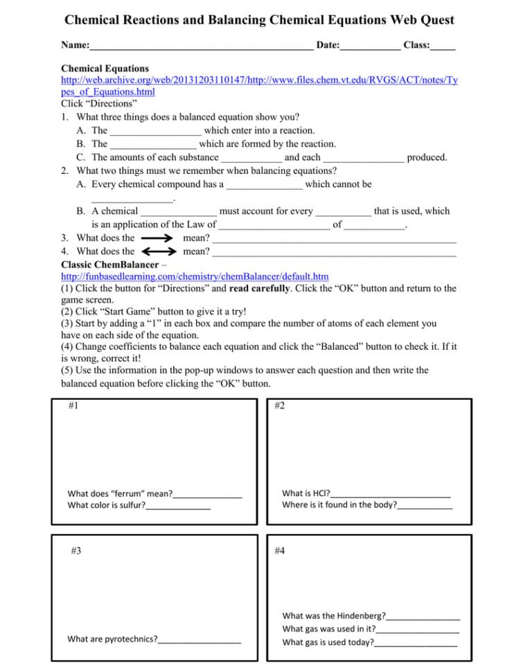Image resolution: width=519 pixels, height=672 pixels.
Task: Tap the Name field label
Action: tap(75, 45)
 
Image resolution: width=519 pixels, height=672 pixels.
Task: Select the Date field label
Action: tap(328, 45)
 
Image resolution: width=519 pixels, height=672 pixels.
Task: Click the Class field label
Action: tap(416, 45)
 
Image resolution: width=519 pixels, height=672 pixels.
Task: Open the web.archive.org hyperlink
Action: tap(259, 80)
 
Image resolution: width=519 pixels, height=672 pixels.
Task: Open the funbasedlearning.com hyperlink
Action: tap(195, 276)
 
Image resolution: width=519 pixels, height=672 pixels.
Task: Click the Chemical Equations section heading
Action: tap(105, 69)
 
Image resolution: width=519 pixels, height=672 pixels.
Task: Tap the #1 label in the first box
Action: tap(73, 406)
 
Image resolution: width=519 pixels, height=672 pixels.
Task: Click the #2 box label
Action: tap(280, 406)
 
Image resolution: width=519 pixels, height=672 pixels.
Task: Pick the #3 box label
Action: tap(76, 551)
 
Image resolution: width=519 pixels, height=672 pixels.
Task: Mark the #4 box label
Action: tap(280, 551)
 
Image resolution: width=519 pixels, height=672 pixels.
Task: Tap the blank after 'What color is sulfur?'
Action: tap(178, 506)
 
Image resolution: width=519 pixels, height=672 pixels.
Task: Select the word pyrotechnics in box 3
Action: tap(132, 639)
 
